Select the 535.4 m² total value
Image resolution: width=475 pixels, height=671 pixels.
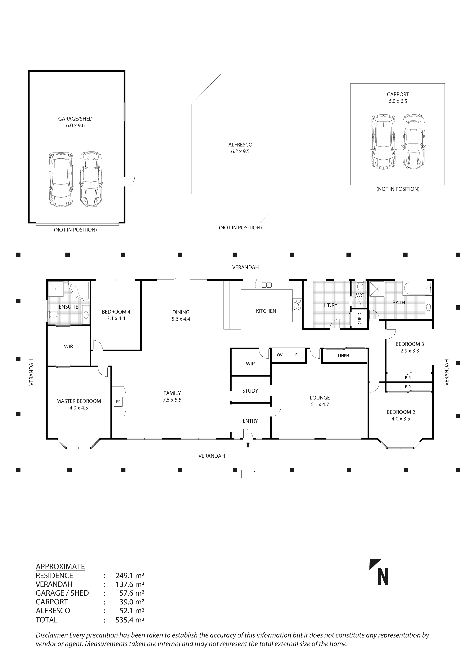130,620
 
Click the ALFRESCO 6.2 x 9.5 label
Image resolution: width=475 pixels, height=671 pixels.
240,148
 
